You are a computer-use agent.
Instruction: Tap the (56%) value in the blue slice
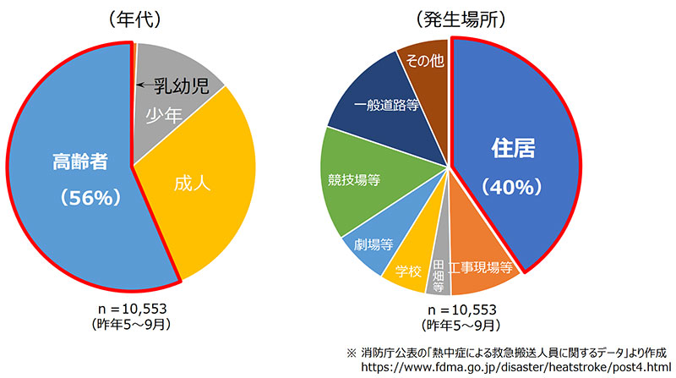click(x=75, y=197)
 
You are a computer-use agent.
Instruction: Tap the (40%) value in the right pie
click(x=515, y=186)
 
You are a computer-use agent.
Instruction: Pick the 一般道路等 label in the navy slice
click(x=388, y=105)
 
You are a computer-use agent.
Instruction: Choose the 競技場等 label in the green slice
click(x=353, y=179)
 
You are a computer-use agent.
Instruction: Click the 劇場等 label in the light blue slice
click(x=372, y=244)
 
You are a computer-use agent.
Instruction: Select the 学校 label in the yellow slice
click(x=407, y=271)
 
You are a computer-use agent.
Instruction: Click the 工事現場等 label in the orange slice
click(x=482, y=268)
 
